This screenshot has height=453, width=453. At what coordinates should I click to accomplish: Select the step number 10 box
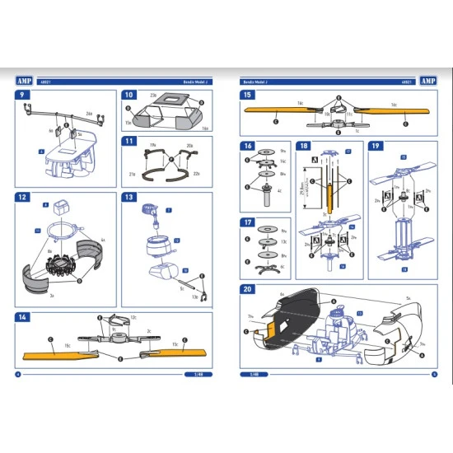(128, 96)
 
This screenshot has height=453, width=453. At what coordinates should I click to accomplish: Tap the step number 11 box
(128, 141)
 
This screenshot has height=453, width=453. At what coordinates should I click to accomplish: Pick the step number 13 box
(128, 197)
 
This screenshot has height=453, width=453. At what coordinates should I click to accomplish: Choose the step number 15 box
(246, 96)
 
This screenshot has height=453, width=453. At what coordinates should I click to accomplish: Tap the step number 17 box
(246, 222)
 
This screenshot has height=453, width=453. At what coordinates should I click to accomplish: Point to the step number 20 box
(246, 289)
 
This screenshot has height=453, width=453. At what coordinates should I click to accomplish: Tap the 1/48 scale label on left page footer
(197, 374)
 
